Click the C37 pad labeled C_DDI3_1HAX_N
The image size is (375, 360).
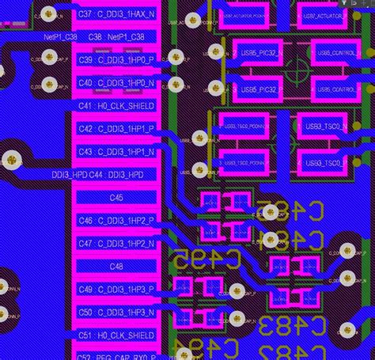click(117, 14)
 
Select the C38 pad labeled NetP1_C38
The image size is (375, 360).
click(117, 37)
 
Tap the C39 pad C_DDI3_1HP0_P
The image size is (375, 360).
click(117, 60)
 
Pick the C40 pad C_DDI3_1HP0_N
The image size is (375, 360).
click(117, 82)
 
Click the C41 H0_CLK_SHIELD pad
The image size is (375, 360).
click(117, 105)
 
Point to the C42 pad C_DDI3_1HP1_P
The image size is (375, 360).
click(117, 128)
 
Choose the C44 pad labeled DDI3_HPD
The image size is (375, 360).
click(117, 174)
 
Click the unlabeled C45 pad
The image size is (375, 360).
click(117, 197)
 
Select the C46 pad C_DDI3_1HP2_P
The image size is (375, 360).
click(117, 221)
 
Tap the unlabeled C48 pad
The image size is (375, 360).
click(117, 267)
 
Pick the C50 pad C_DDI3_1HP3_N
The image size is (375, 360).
click(117, 313)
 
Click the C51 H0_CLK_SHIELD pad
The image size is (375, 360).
click(117, 335)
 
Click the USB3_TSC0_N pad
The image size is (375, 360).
click(324, 126)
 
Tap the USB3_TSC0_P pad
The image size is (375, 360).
click(324, 162)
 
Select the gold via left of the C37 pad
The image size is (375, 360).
click(50, 13)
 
